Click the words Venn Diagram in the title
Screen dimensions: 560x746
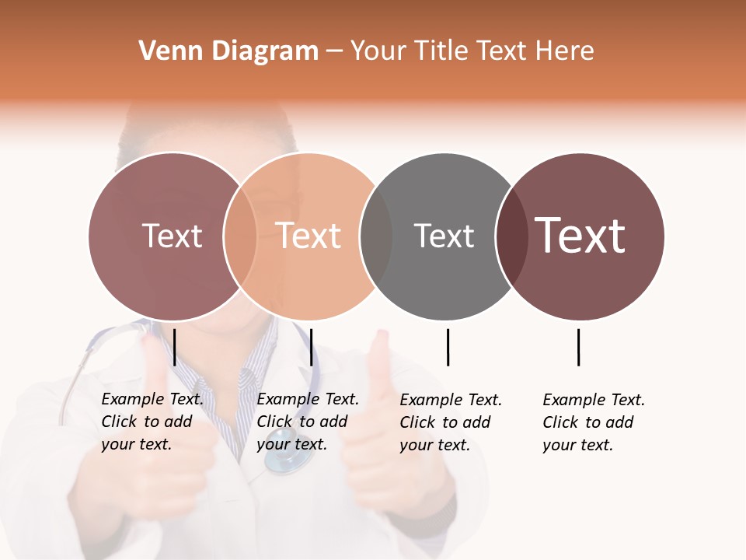point(228,51)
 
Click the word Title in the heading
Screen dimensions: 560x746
point(440,51)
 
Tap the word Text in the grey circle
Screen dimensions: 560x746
point(444,236)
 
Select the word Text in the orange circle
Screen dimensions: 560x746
point(309,236)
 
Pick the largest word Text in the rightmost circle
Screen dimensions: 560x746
point(580,235)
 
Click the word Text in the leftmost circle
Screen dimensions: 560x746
point(172,236)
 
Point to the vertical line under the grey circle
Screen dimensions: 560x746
point(448,347)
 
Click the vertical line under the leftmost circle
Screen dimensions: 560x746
point(175,347)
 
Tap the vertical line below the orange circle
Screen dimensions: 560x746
point(311,347)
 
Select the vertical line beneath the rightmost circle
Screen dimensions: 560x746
point(578,347)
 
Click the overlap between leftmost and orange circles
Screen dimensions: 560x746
point(240,236)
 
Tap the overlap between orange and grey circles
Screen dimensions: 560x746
point(376,236)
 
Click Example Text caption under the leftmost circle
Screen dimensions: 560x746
point(152,422)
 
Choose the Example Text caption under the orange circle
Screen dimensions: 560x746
point(308,422)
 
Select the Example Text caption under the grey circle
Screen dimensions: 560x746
point(451,422)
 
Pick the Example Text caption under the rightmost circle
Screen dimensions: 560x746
point(594,422)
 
